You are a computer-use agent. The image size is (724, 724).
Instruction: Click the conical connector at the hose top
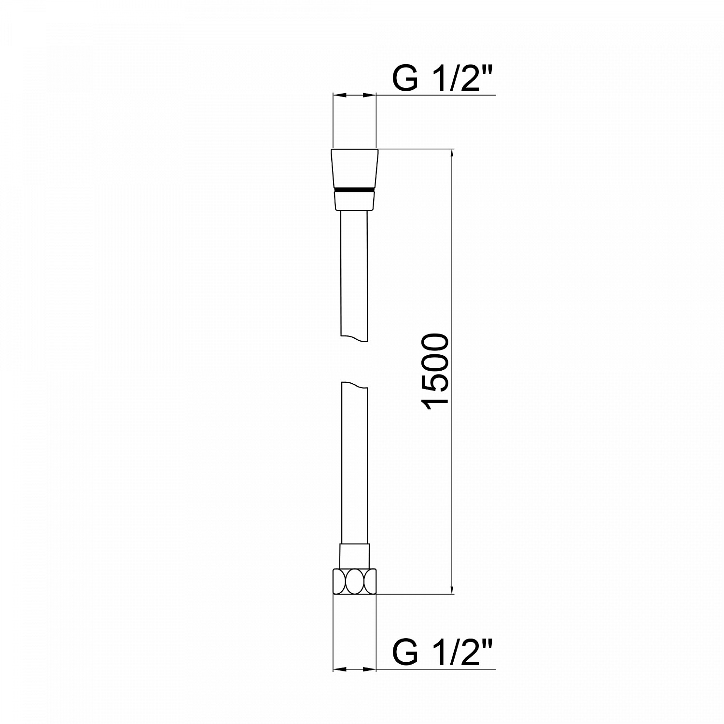pyautogui.click(x=354, y=167)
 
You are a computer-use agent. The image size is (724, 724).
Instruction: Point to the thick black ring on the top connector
pyautogui.click(x=354, y=189)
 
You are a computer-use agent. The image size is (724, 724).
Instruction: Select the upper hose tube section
pyautogui.click(x=354, y=270)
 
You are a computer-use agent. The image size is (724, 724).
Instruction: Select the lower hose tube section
pyautogui.click(x=354, y=463)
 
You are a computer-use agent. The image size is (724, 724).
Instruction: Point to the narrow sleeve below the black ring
pyautogui.click(x=354, y=200)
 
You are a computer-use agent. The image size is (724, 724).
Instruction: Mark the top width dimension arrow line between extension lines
pyautogui.click(x=354, y=96)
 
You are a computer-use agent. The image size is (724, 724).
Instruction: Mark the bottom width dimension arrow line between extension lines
pyautogui.click(x=354, y=669)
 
